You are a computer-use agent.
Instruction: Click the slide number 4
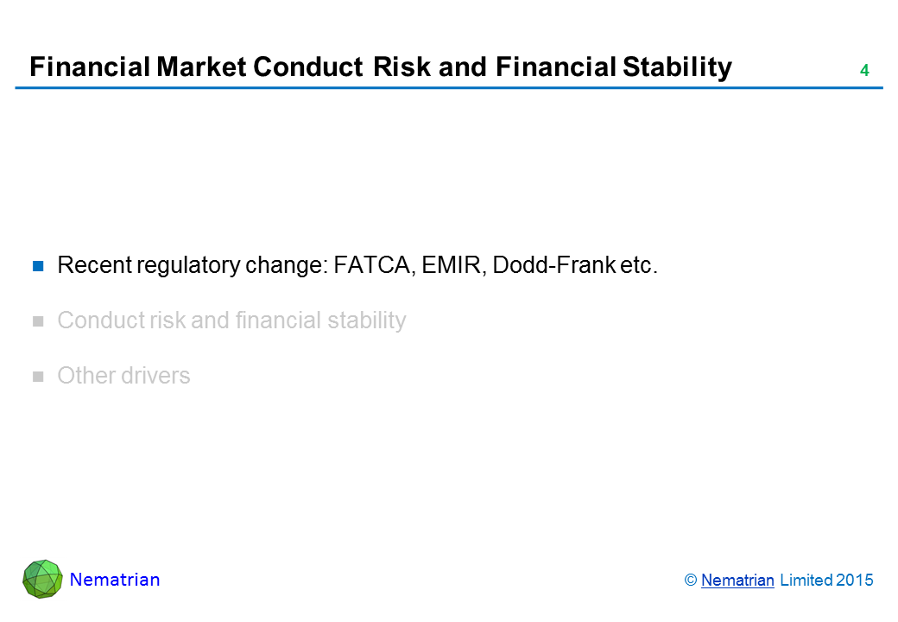pos(864,71)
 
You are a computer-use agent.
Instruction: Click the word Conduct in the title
pos(308,67)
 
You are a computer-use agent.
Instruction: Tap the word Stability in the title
pos(677,67)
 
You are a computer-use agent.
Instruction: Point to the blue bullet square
pos(38,266)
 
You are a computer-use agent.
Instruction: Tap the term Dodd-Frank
pos(553,265)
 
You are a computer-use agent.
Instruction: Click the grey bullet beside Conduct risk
pos(38,321)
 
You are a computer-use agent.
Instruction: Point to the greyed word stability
pos(366,321)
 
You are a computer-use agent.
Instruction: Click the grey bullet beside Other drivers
pos(38,377)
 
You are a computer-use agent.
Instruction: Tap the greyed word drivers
pos(155,376)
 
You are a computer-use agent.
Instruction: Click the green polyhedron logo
pos(42,579)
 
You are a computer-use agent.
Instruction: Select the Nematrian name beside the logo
pos(115,580)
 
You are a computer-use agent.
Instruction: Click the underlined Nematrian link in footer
pos(737,581)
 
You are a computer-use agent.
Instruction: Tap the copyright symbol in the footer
pos(691,581)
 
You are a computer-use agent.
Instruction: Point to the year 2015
pos(855,581)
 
